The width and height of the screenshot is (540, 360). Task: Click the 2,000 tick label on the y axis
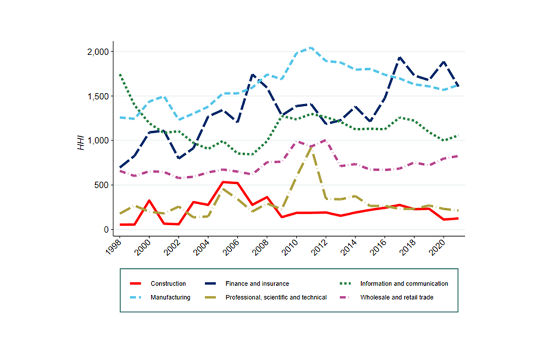point(99,52)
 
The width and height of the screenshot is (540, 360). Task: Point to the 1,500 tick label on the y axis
point(99,96)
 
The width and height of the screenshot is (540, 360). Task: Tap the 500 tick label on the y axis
point(103,185)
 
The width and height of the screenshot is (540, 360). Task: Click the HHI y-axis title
point(81,141)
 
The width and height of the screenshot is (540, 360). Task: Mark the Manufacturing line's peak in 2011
point(311,47)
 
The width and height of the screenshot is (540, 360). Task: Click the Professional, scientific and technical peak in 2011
point(311,147)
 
